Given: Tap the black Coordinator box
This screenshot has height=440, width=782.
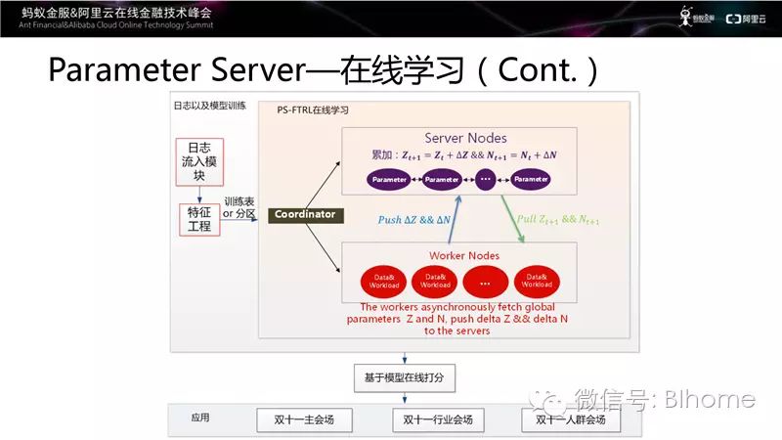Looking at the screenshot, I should (x=304, y=214).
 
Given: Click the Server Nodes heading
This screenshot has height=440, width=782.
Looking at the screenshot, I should (x=465, y=138).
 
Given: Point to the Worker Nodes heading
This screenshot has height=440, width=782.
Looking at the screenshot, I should (x=463, y=255).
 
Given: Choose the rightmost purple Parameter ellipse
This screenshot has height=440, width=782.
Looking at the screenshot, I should (x=531, y=180).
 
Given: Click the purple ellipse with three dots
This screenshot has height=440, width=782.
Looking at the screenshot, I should (x=486, y=180).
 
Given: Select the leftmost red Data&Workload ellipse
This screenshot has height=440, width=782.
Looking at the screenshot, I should (x=383, y=282).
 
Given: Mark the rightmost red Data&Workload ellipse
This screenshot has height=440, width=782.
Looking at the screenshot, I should (x=535, y=282).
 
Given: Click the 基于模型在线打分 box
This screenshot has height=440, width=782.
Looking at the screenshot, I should (x=405, y=377).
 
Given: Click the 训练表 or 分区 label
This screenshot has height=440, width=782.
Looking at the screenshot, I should (x=240, y=206).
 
